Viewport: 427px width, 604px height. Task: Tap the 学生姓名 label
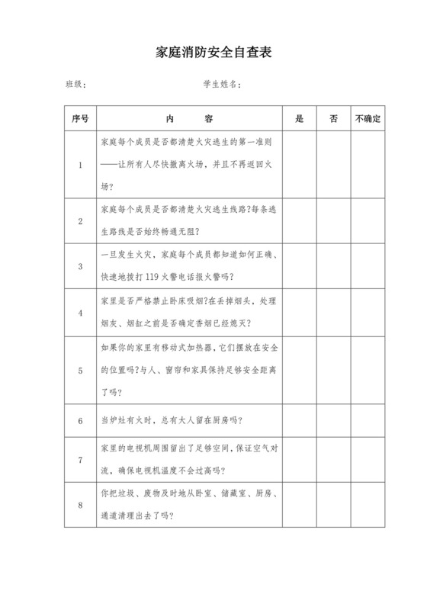222,84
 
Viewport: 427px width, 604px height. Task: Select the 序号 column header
80,119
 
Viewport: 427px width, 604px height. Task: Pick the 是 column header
299,119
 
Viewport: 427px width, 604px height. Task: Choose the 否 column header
333,119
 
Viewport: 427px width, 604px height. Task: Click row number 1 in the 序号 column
80,164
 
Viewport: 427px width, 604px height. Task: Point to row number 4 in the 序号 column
80,312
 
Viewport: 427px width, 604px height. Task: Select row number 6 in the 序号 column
80,420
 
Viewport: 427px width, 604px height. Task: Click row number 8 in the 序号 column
80,504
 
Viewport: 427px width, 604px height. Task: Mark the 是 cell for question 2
299,220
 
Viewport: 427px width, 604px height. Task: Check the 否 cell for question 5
333,371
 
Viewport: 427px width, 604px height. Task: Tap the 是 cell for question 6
299,420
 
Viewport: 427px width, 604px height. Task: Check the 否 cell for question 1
333,164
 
